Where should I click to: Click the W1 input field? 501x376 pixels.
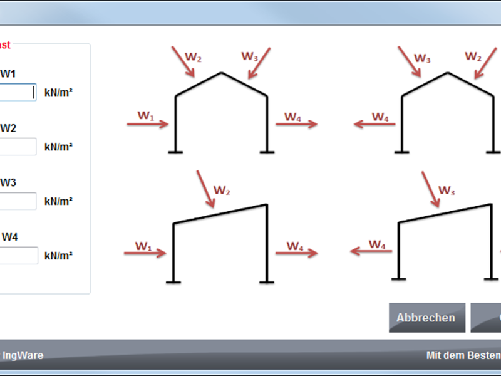click(18, 92)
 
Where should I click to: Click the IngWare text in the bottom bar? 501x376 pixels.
click(23, 355)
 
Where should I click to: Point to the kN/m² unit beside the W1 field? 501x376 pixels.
click(58, 93)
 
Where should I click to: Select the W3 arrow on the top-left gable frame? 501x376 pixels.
click(259, 63)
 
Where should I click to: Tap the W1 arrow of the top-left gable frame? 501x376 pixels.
click(148, 124)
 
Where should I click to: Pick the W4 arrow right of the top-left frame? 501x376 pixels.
click(296, 124)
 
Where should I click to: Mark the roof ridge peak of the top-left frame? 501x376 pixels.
click(221, 73)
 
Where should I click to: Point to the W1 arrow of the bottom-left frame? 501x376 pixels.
click(145, 253)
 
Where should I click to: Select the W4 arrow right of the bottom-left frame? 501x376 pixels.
click(297, 253)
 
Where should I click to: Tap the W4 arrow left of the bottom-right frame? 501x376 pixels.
click(371, 252)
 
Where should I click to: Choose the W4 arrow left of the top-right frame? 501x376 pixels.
click(374, 124)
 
